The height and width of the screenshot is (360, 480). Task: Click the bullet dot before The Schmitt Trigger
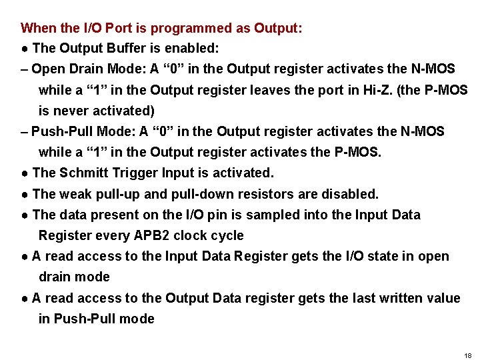[24, 173]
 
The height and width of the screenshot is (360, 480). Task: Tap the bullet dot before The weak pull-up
[24, 195]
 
